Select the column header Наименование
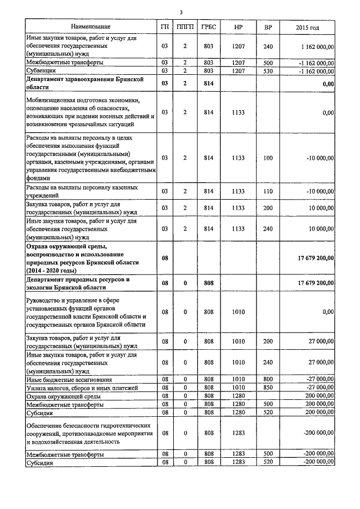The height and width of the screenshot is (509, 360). pos(91,26)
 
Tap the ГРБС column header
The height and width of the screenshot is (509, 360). pos(208,26)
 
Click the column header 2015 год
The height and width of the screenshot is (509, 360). pos(307,26)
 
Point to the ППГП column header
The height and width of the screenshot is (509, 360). pos(184,26)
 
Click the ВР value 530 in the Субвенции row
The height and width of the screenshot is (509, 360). pos(268,71)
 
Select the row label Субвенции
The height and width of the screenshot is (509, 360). pos(39,71)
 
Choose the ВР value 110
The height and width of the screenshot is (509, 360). pos(268,191)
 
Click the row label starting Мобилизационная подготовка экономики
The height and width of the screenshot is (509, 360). pos(90,112)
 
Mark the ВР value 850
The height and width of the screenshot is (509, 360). pos(268,388)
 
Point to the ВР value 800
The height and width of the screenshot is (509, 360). pos(268,380)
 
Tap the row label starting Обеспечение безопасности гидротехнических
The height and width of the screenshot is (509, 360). pos(89,433)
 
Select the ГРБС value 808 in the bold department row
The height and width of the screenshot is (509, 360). pos(208,283)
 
